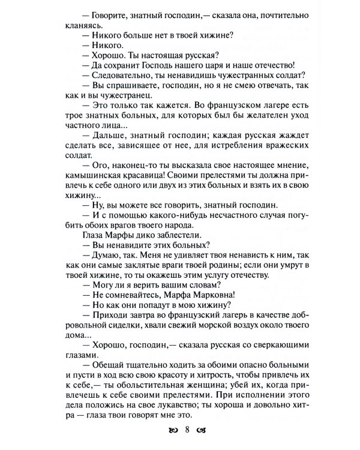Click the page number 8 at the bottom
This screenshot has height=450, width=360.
point(187,430)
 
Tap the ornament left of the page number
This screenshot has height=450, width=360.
point(174,430)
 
